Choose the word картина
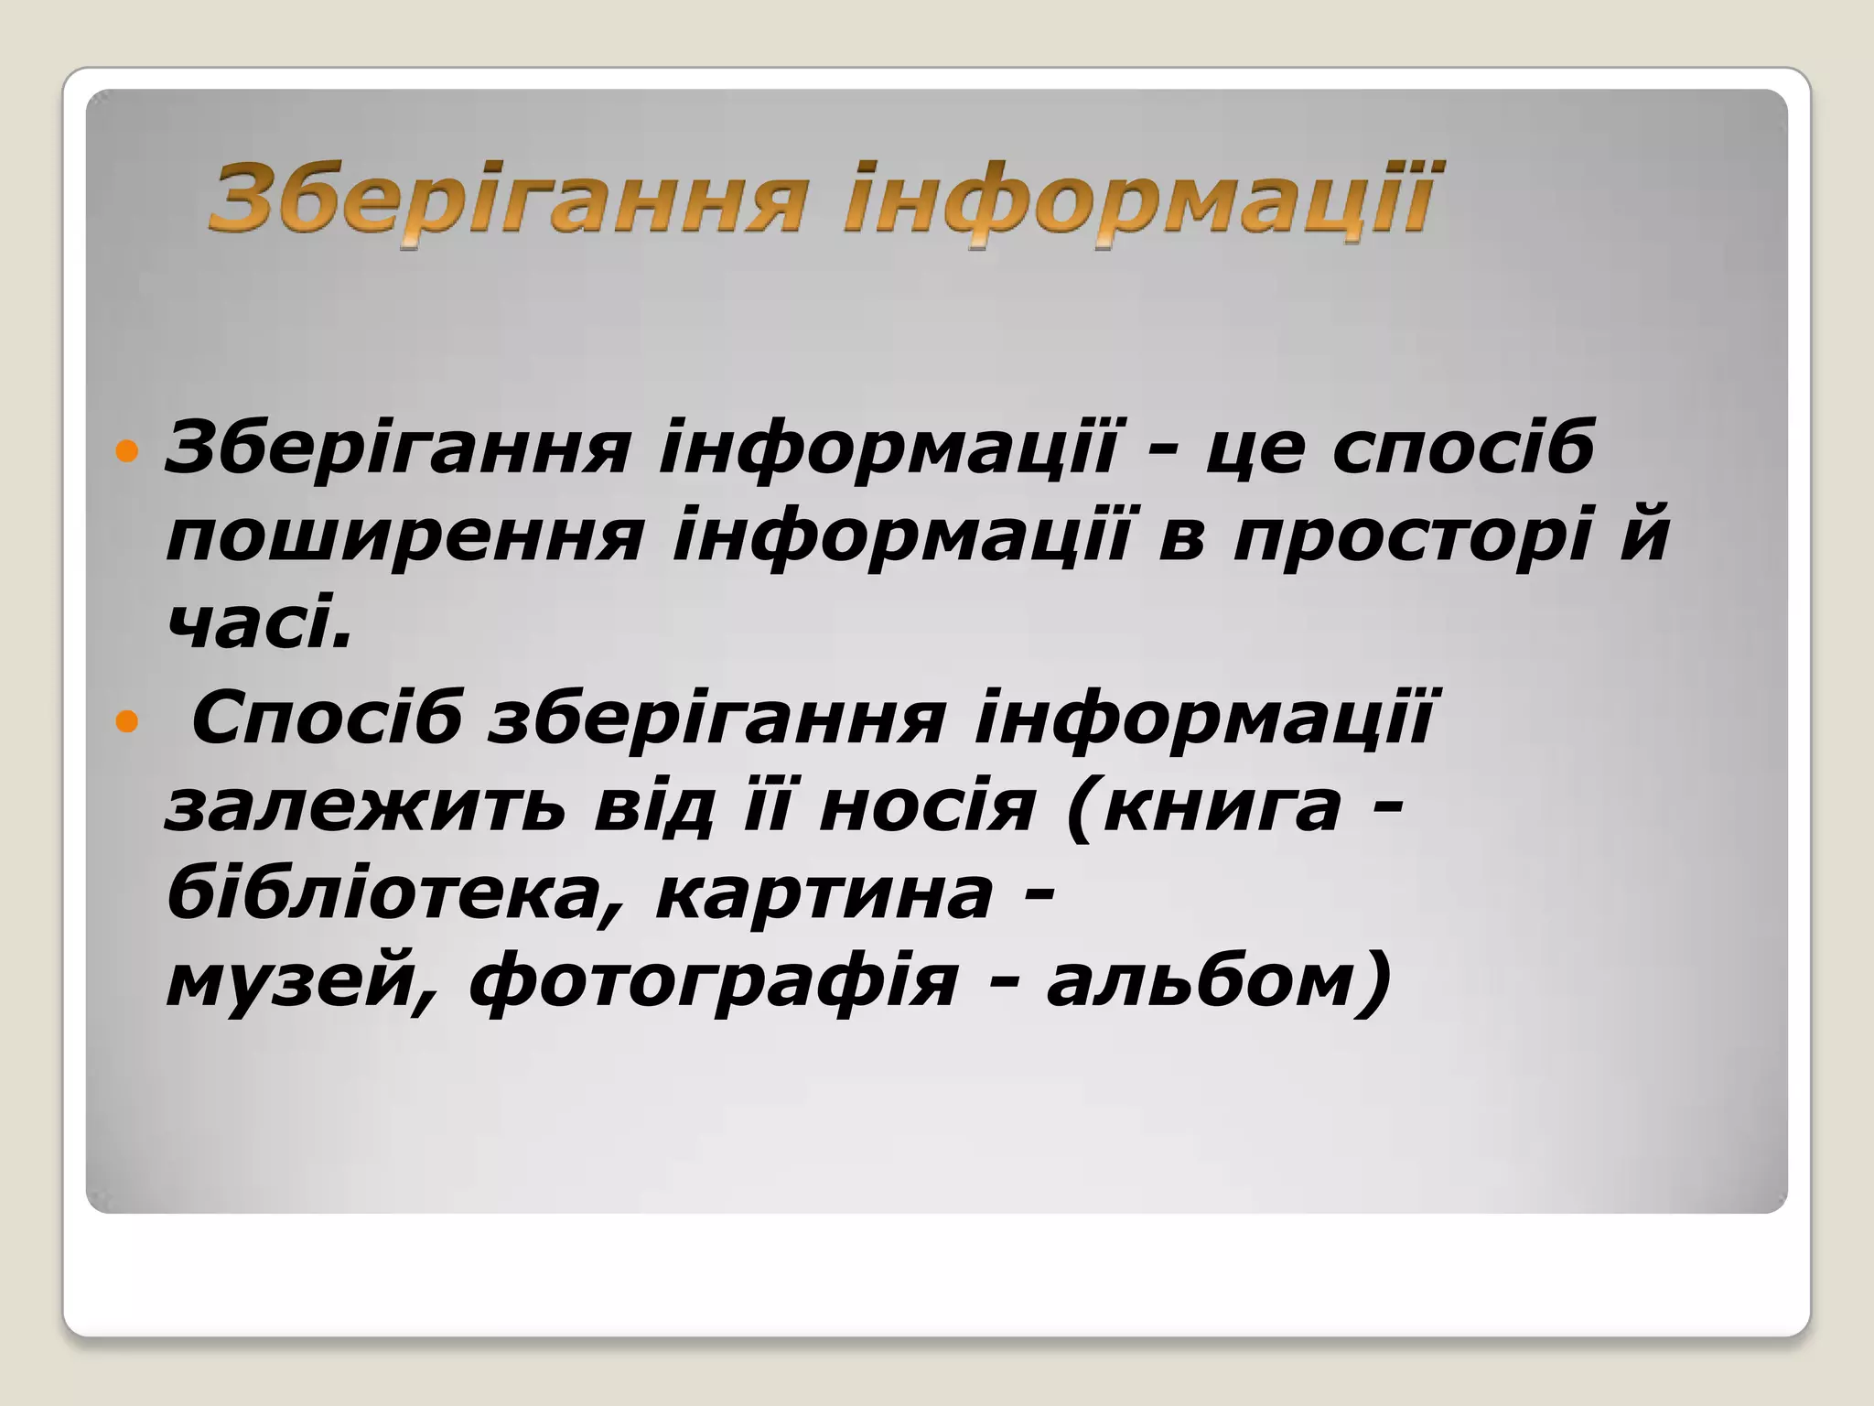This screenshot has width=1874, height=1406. pos(824,895)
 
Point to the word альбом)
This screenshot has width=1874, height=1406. pos(1218,983)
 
